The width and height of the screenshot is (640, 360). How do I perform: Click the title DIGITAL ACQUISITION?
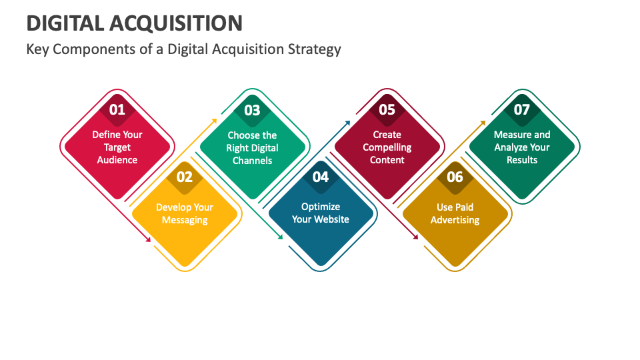pyautogui.click(x=134, y=23)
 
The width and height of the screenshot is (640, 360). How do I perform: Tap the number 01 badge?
pyautogui.click(x=117, y=109)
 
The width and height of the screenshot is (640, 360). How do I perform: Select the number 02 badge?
pyautogui.click(x=185, y=177)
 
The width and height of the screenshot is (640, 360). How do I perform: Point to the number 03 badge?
pyautogui.click(x=252, y=110)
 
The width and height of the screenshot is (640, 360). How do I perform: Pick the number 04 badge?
pyautogui.click(x=321, y=177)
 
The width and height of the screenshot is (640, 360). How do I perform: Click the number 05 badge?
pyautogui.click(x=387, y=109)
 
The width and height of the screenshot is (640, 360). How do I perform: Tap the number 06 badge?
pyautogui.click(x=455, y=177)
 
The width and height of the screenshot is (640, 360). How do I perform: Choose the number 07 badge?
pyautogui.click(x=522, y=109)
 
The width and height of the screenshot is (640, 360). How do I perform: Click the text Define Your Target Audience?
pyautogui.click(x=117, y=147)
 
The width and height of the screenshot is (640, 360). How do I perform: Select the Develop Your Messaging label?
pyautogui.click(x=185, y=213)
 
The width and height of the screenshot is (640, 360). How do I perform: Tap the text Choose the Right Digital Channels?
pyautogui.click(x=252, y=148)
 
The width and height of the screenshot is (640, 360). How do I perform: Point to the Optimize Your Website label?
pyautogui.click(x=321, y=213)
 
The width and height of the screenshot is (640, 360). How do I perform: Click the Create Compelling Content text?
pyautogui.click(x=387, y=147)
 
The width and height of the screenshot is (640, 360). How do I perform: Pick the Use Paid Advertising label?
pyautogui.click(x=455, y=213)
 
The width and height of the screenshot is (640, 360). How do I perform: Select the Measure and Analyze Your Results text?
pyautogui.click(x=522, y=147)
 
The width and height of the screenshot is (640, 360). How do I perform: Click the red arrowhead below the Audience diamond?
pyautogui.click(x=148, y=239)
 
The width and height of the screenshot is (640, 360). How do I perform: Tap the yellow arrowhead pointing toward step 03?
pyautogui.click(x=214, y=121)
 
